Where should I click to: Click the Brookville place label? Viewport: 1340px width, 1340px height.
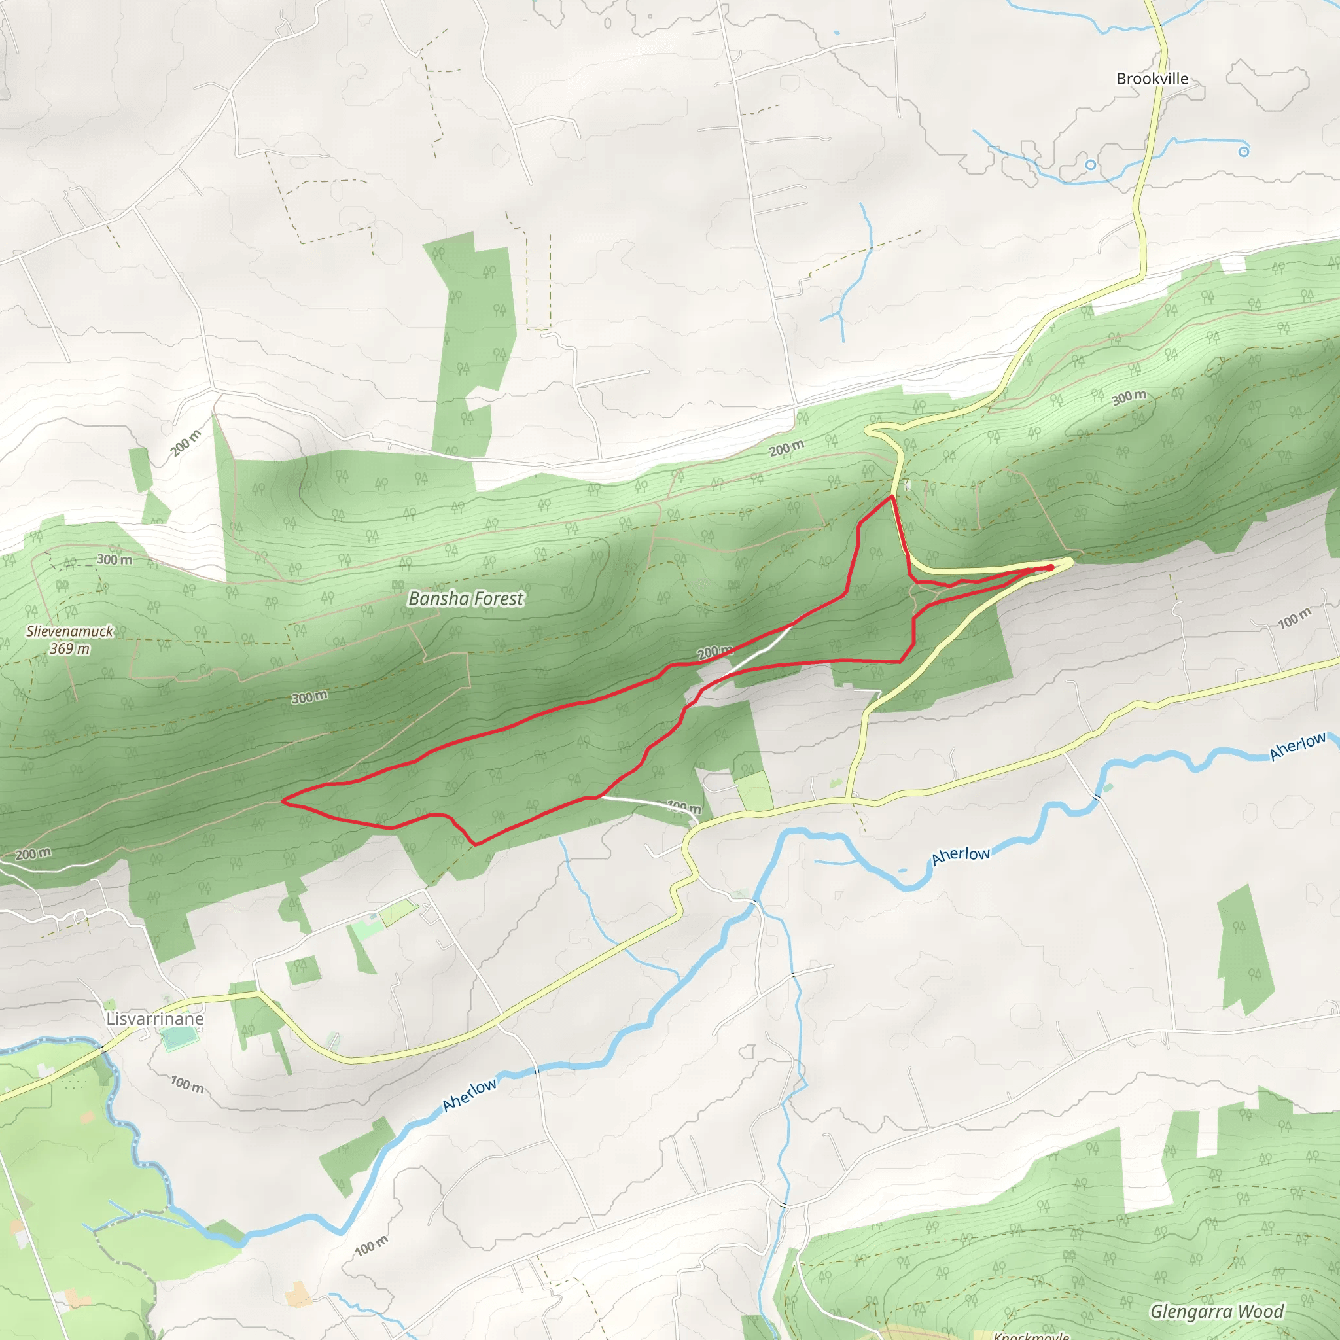point(1152,79)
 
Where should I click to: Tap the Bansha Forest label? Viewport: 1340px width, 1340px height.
point(466,599)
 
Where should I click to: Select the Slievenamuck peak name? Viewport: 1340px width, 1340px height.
point(69,631)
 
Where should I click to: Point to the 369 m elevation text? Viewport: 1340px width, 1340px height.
point(69,649)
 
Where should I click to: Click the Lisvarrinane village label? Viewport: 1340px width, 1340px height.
point(154,1019)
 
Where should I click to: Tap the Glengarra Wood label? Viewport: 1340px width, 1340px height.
point(1216,1312)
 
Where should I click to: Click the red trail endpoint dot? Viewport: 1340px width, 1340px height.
point(1051,567)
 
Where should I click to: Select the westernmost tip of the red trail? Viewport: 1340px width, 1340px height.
point(282,800)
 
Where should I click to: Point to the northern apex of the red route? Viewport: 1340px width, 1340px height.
point(891,497)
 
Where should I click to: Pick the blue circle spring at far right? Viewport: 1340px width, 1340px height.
point(1244,151)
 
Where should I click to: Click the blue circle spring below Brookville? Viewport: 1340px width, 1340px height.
point(1090,165)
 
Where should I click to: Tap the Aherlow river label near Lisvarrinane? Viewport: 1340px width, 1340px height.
point(470,1094)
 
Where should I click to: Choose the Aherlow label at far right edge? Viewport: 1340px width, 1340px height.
point(1297,747)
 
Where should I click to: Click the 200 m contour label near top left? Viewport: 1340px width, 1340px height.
point(186,443)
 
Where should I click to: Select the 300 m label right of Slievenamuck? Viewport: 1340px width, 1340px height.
point(115,559)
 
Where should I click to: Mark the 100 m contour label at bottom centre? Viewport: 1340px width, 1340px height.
point(372,1246)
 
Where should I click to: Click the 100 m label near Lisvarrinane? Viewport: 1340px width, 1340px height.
point(187,1084)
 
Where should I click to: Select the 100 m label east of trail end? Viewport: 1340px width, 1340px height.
point(1295,618)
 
